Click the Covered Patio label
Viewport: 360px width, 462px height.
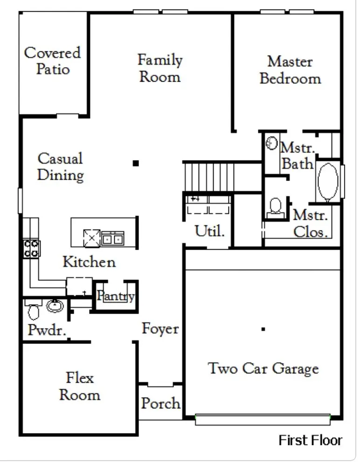(52, 61)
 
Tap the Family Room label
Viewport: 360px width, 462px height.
(160, 68)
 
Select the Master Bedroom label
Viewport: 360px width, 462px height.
(290, 70)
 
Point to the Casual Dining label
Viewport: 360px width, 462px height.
(61, 167)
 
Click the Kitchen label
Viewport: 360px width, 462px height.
(89, 262)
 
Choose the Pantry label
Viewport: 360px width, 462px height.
(116, 296)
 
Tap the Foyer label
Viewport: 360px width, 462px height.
(160, 329)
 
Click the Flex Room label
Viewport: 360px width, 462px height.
(79, 386)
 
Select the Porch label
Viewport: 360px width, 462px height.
(160, 403)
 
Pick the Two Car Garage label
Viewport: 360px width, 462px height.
(263, 369)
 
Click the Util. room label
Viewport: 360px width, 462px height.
(209, 231)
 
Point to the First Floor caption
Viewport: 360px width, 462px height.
(310, 440)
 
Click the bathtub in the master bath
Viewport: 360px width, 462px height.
(328, 182)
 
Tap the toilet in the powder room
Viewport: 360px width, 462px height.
(33, 310)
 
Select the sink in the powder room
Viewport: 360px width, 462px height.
(55, 307)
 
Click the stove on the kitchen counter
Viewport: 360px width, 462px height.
(31, 248)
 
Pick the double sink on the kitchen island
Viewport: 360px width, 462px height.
(112, 238)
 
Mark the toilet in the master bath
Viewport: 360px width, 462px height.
(275, 207)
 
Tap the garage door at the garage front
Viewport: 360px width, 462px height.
(263, 420)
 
